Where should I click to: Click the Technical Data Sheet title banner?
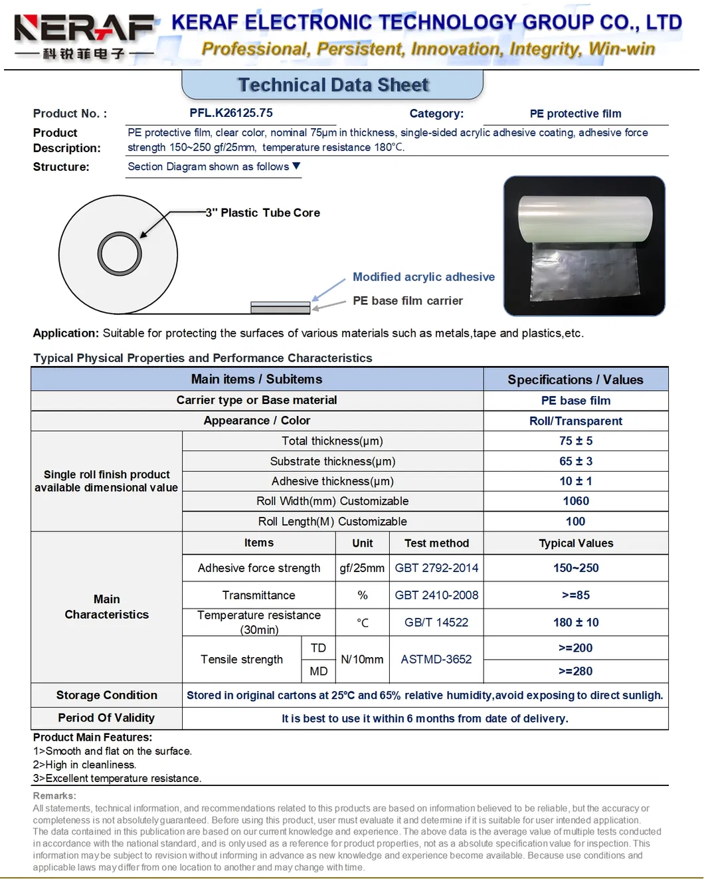coord(333,85)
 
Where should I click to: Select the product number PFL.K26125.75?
coord(231,113)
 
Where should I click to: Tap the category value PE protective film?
coord(575,114)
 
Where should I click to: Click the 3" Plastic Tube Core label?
coord(263,213)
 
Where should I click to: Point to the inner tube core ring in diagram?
coord(120,254)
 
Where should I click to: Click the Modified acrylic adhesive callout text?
coord(423,277)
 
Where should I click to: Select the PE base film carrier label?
coord(407,301)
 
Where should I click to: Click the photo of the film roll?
coord(584,246)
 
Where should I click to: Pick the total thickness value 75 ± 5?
coord(575,441)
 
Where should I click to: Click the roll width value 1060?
coord(575,501)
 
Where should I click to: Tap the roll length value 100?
coord(575,522)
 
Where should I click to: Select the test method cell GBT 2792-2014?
coord(436,568)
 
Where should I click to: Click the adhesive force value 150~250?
coord(575,568)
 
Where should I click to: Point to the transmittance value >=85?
coord(575,595)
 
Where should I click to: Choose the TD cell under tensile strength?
coord(318,648)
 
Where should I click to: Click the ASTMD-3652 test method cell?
coord(436,659)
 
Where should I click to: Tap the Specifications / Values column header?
coord(575,379)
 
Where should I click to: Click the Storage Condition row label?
coord(106,695)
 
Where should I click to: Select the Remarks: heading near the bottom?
coord(54,796)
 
